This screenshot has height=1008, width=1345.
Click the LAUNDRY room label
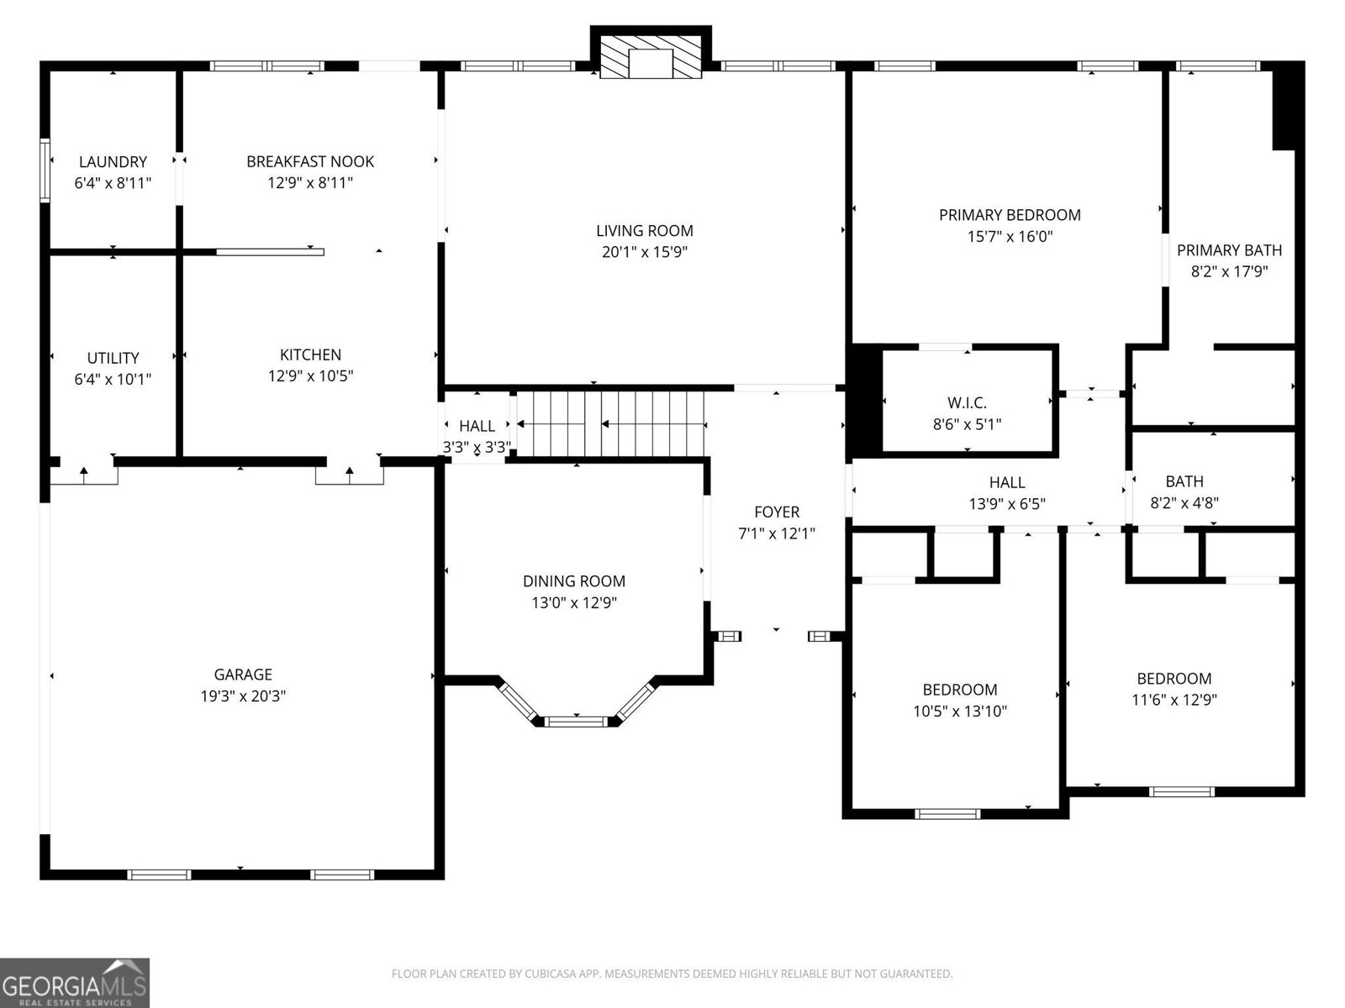(113, 161)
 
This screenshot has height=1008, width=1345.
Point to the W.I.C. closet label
(967, 403)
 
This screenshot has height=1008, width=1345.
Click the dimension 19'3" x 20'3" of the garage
(243, 696)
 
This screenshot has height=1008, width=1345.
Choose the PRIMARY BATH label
(1229, 249)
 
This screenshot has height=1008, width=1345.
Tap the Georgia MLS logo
(75, 982)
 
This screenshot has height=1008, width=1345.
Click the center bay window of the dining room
(577, 721)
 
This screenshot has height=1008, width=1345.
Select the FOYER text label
(777, 512)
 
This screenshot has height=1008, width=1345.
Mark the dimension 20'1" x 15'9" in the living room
(645, 252)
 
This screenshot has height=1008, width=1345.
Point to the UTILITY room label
(113, 358)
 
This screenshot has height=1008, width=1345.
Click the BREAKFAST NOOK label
(310, 161)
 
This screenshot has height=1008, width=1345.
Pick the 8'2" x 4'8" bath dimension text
(1184, 503)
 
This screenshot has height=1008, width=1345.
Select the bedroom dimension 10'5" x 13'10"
(960, 711)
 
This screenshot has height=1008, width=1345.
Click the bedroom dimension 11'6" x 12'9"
(1174, 700)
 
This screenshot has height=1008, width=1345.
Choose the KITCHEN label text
(310, 354)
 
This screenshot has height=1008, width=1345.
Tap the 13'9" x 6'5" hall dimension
(1007, 504)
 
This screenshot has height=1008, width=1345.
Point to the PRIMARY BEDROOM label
(1010, 215)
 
